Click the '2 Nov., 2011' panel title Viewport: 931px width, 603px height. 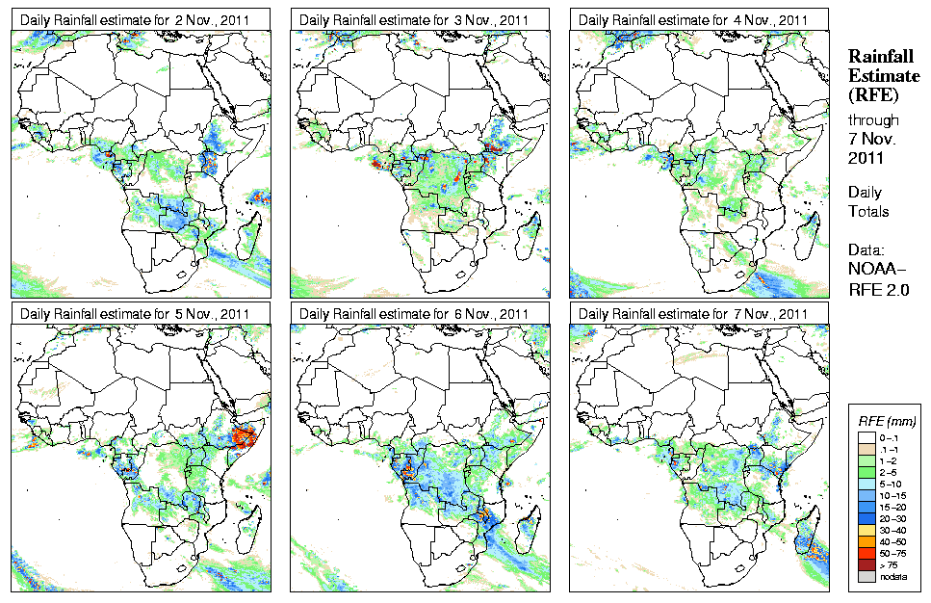[x=140, y=20]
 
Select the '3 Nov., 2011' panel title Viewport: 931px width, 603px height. [x=420, y=20]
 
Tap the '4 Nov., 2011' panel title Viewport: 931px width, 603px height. [x=699, y=20]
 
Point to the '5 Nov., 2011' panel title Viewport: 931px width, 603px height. [x=140, y=313]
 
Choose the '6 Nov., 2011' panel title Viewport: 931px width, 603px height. [x=420, y=313]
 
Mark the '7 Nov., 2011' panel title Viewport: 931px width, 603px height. [x=699, y=313]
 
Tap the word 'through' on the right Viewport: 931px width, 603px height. [x=873, y=120]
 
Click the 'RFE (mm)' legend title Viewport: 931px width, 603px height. [x=887, y=421]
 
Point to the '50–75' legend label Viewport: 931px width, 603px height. [x=894, y=552]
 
